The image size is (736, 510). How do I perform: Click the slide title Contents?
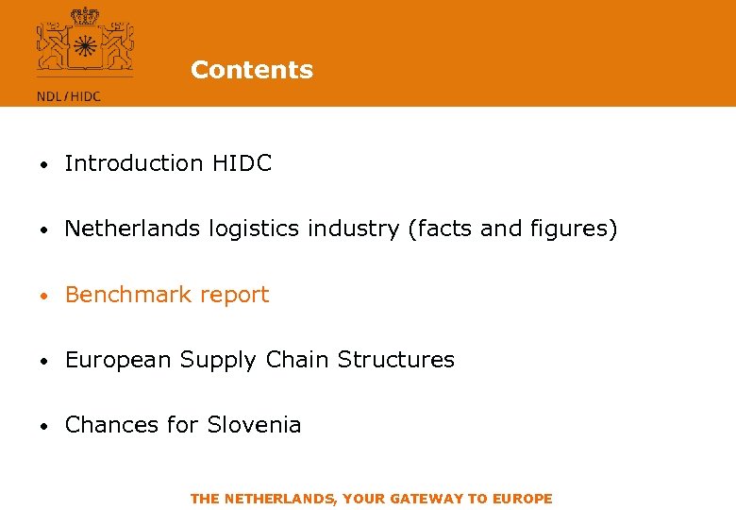[251, 70]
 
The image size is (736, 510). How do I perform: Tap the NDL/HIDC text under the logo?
[68, 95]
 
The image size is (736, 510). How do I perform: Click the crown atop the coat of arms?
[84, 15]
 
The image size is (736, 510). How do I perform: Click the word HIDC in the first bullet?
[242, 163]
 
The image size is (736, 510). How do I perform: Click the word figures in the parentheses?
[576, 229]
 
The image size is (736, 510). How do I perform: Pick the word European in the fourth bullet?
[119, 360]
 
